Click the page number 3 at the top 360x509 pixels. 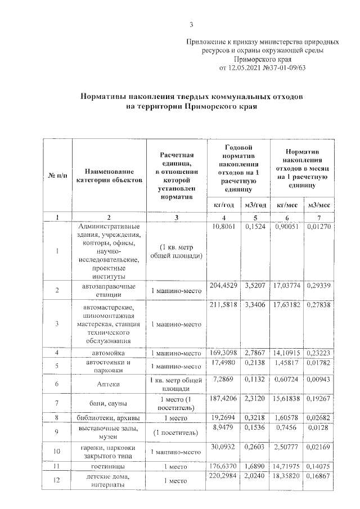tap(191, 24)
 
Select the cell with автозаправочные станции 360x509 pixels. tap(109, 290)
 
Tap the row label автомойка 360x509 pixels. tap(109, 353)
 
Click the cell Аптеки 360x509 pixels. tap(109, 384)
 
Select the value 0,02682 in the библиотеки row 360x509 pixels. tap(318, 419)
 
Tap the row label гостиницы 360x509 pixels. tap(109, 466)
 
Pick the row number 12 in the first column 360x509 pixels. tap(58, 480)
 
